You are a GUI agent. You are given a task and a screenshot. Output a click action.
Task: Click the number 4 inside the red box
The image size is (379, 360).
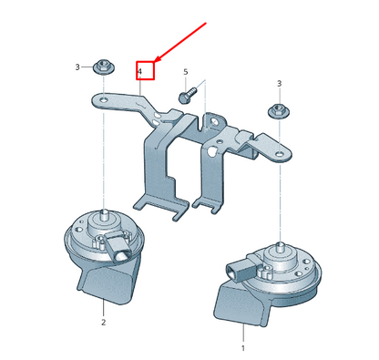point(140,70)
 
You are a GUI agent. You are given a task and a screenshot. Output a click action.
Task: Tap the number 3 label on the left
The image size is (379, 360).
point(77,67)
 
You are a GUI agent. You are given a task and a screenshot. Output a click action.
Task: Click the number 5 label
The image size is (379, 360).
point(185,71)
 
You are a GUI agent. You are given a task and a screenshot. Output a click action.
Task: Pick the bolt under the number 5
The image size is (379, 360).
point(186,92)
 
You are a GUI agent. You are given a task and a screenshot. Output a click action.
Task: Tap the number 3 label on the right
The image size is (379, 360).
point(278,83)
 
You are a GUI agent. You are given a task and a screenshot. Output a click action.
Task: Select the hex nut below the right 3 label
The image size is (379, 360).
point(277,111)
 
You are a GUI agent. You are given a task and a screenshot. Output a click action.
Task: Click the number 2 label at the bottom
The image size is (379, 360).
point(103,322)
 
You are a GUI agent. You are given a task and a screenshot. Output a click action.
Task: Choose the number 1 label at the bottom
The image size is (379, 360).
point(242,347)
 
